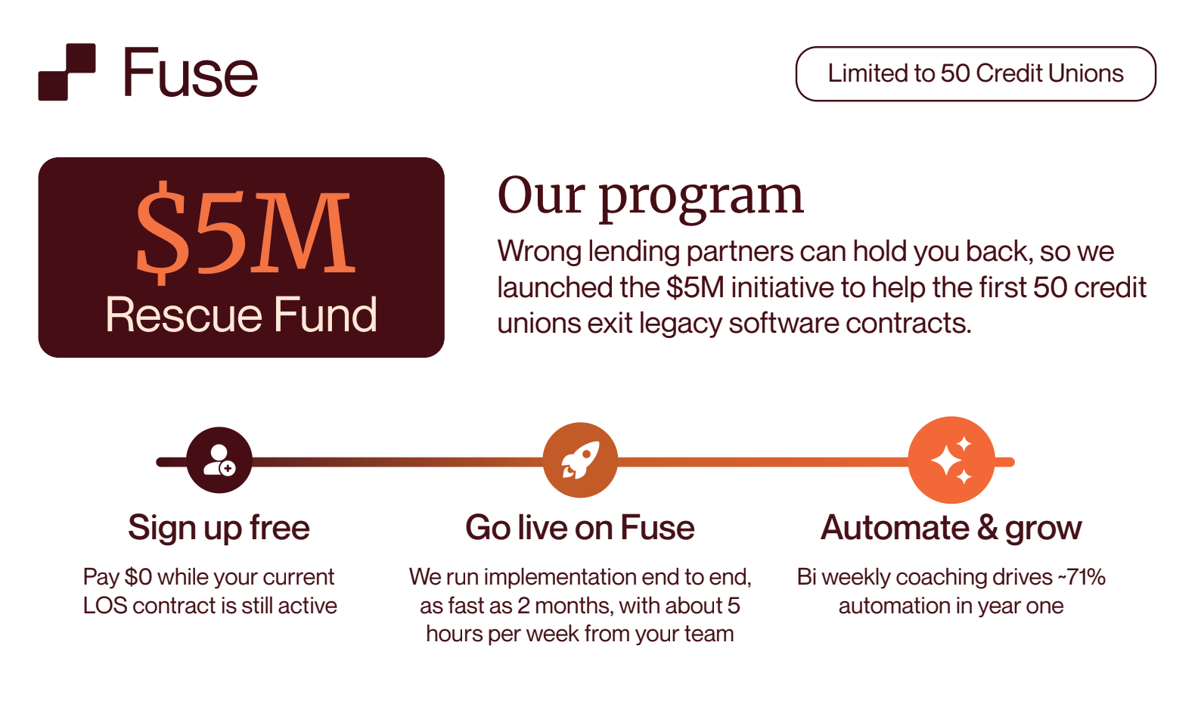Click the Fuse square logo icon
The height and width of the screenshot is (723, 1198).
pyautogui.click(x=67, y=72)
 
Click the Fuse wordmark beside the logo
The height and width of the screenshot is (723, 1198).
pyautogui.click(x=190, y=73)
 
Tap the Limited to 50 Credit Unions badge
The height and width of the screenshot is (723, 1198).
pyautogui.click(x=975, y=73)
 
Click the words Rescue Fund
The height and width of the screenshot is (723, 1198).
pyautogui.click(x=241, y=315)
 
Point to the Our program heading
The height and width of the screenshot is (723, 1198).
pyautogui.click(x=650, y=196)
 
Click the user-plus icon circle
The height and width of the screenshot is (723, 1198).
pyautogui.click(x=219, y=460)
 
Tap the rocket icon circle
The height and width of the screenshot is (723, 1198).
pyautogui.click(x=580, y=460)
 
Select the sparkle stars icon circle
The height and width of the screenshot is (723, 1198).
pyautogui.click(x=951, y=460)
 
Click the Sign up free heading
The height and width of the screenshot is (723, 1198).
pyautogui.click(x=219, y=528)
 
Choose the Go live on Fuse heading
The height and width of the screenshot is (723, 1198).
pyautogui.click(x=579, y=528)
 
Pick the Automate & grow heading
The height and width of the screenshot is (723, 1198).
pyautogui.click(x=951, y=528)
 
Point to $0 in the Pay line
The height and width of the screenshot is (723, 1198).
pyautogui.click(x=138, y=577)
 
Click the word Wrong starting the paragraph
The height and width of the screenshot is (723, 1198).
pyautogui.click(x=539, y=252)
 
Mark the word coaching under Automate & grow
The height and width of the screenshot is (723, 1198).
pyautogui.click(x=941, y=577)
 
